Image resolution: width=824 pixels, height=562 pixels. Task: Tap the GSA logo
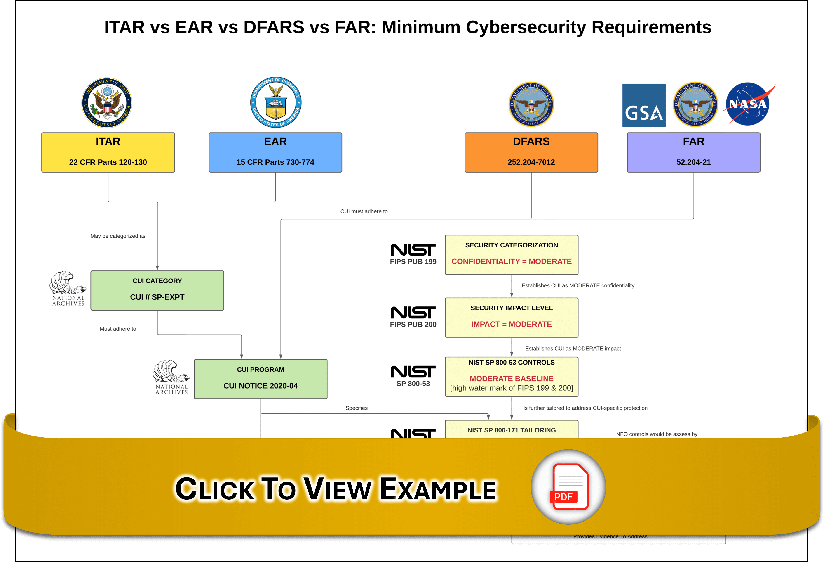[x=643, y=105]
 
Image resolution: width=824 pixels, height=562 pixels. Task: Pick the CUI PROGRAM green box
[x=260, y=379]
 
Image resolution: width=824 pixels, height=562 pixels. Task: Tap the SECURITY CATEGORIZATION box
[x=511, y=254]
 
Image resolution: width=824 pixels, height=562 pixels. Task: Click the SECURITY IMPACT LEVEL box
[x=511, y=317]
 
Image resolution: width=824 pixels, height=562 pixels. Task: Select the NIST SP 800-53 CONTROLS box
[x=511, y=376]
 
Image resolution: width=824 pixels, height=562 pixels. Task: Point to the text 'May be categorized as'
[x=118, y=236]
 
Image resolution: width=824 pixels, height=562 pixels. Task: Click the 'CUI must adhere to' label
[x=364, y=211]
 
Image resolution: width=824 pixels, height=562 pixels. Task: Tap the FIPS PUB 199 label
[x=413, y=261]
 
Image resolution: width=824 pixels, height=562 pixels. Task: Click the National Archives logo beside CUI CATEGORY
[x=68, y=290]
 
